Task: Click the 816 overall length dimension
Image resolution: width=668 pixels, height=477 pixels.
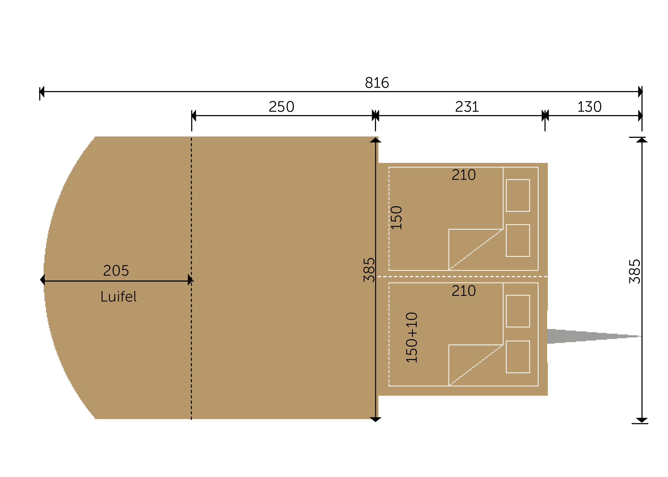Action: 377,83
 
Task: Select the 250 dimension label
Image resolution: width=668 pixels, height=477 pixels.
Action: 281,107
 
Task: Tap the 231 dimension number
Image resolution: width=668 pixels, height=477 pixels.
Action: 467,107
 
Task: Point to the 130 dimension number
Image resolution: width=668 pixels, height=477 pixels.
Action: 589,107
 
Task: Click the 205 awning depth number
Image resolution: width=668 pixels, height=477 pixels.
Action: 116,271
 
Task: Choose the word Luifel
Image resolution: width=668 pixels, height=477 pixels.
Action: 119,296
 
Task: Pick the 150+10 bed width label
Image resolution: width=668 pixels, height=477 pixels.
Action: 411,337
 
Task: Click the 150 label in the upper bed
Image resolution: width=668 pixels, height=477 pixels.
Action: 396,218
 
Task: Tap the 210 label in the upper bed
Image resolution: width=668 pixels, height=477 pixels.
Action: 464,175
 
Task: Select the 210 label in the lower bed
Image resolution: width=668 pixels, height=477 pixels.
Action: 464,291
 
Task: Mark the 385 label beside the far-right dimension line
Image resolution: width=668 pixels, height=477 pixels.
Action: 635,271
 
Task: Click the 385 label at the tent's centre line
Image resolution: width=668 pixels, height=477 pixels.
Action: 369,270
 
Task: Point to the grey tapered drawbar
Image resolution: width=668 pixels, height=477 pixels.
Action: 594,336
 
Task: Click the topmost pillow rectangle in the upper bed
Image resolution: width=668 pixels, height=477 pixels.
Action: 518,195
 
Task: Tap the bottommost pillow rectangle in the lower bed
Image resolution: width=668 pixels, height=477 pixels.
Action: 518,357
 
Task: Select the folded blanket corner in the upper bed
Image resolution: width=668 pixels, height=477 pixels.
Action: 476,249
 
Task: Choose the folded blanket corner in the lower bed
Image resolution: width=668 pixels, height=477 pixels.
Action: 476,365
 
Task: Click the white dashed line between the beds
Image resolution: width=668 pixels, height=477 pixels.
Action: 462,277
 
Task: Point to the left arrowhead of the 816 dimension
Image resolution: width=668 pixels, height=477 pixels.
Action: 42,92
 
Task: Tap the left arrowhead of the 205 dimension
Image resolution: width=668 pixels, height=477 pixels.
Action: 42,280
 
